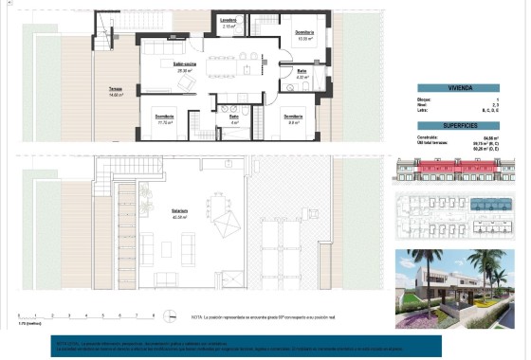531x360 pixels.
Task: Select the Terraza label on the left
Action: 117,93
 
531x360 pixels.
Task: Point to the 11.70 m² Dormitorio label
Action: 165,119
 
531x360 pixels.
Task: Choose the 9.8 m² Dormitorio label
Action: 295,119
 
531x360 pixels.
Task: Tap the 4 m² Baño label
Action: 233,119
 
